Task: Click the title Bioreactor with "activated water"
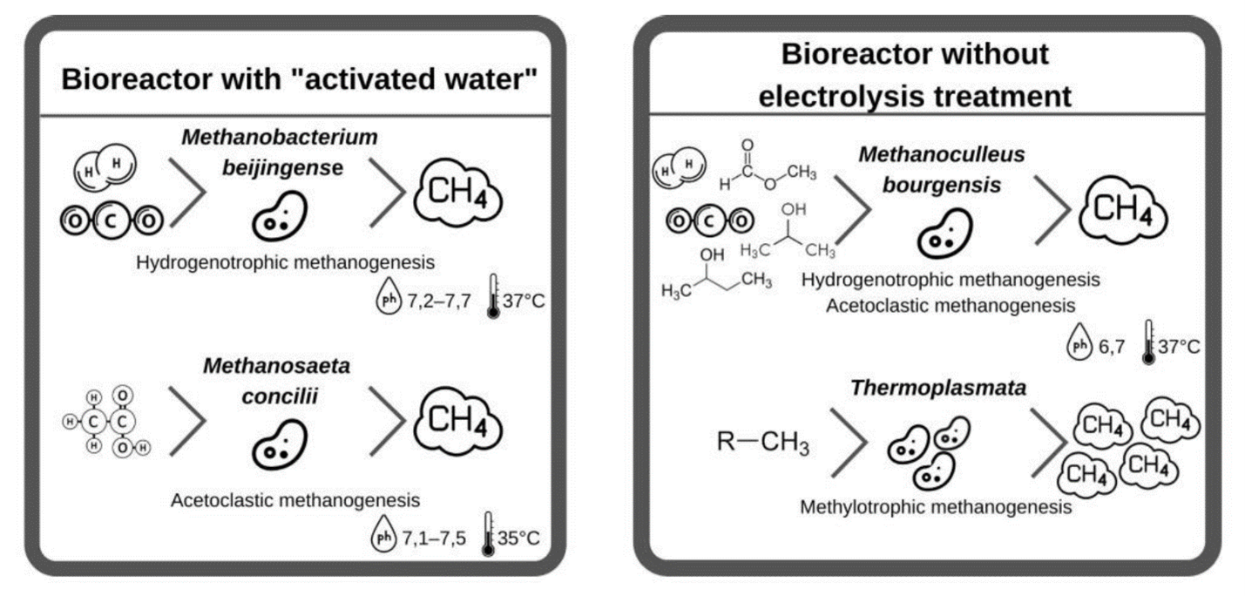pyautogui.click(x=299, y=79)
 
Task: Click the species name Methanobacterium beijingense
pyautogui.click(x=281, y=152)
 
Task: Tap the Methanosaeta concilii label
pyautogui.click(x=277, y=381)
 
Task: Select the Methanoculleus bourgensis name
pyautogui.click(x=942, y=170)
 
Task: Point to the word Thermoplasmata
pyautogui.click(x=938, y=388)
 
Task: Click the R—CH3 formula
pyautogui.click(x=762, y=442)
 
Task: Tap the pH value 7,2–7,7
pyautogui.click(x=439, y=301)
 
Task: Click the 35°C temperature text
pyautogui.click(x=518, y=538)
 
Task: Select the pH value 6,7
pyautogui.click(x=1112, y=347)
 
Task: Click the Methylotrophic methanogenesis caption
pyautogui.click(x=936, y=507)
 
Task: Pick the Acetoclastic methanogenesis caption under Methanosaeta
pyautogui.click(x=295, y=500)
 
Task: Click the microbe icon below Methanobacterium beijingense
pyautogui.click(x=280, y=216)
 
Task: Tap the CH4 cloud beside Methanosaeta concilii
pyautogui.click(x=458, y=421)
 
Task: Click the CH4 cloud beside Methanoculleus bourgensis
pyautogui.click(x=1123, y=210)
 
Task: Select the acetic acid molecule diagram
pyautogui.click(x=106, y=422)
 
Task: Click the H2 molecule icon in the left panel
pyautogui.click(x=105, y=166)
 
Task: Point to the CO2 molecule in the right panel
pyautogui.click(x=710, y=221)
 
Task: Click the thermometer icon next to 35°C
pyautogui.click(x=489, y=534)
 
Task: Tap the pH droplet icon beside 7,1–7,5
pyautogui.click(x=383, y=534)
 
